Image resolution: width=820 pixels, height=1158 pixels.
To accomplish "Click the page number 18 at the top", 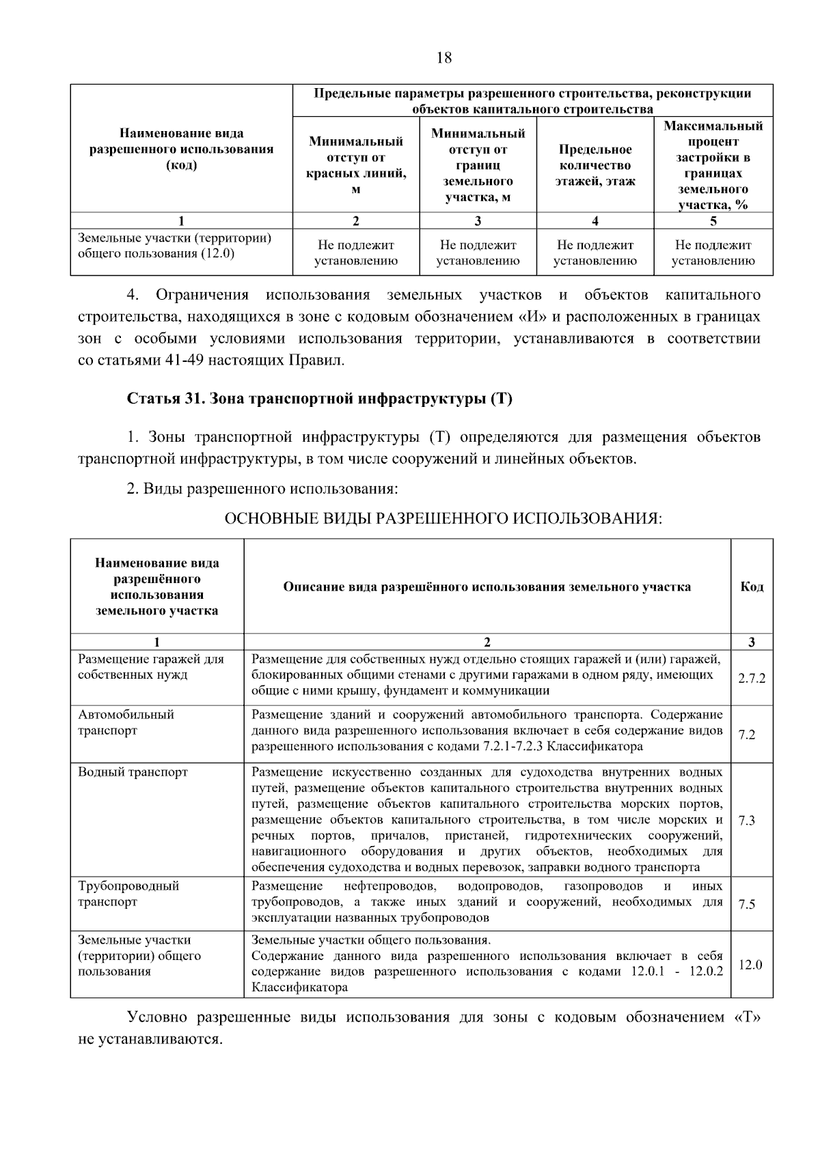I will point(443,57).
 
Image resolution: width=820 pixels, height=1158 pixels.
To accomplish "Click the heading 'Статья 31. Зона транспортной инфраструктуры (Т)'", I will point(319,399).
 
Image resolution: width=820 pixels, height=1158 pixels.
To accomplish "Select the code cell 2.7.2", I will point(751,678).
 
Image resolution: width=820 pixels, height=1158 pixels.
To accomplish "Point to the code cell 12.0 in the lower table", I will point(750,965).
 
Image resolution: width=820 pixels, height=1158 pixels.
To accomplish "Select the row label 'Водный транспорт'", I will point(133,772).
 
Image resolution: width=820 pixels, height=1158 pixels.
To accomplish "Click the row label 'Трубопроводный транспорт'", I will point(128,894).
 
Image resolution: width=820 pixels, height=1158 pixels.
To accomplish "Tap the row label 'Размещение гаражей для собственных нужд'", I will point(151,667).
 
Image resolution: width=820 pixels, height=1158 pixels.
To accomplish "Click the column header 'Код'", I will point(752,587).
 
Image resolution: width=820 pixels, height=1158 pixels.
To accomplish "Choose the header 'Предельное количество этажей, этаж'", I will point(594,165).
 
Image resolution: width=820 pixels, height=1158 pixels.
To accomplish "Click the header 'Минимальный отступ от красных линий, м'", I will point(355,165).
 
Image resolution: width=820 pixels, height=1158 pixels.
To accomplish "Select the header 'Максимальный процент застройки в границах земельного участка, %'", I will point(713,165).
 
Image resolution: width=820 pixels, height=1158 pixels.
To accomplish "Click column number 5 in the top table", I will point(713,221).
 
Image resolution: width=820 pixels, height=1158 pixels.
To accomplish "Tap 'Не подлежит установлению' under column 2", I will point(355,253).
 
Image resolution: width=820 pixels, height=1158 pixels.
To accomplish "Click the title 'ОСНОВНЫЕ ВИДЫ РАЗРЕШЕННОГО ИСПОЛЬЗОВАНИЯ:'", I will point(443,519).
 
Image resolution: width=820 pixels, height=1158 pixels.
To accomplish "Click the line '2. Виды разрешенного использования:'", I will point(262,489).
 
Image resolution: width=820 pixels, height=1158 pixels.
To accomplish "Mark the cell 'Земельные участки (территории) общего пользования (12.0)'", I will point(174,246).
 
